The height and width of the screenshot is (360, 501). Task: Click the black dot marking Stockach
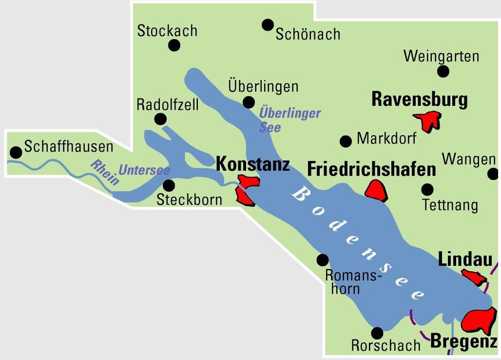(x=174, y=45)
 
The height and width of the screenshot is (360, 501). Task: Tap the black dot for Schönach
(x=268, y=25)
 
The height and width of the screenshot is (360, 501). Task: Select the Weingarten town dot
(x=443, y=72)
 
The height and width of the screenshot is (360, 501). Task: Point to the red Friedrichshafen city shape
(x=376, y=191)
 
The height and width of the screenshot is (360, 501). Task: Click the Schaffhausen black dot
(x=17, y=152)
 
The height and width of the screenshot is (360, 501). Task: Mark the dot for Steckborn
(x=169, y=185)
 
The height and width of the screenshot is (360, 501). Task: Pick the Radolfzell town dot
(x=160, y=119)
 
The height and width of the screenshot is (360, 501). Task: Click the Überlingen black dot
(x=249, y=102)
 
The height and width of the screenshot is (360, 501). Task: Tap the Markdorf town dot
(x=346, y=141)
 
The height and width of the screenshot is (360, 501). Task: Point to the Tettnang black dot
(x=427, y=189)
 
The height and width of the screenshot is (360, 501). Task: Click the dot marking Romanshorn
(x=323, y=260)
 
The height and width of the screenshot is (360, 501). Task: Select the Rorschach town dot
(x=377, y=333)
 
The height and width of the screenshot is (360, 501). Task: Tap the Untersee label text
(x=144, y=171)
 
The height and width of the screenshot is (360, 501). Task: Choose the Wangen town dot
(x=493, y=174)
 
